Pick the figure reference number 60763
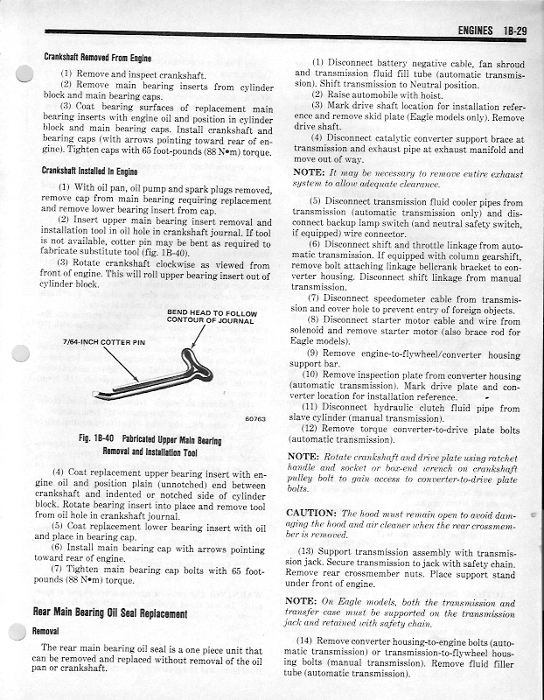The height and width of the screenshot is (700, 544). click(255, 420)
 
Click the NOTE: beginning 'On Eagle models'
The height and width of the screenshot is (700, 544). click(303, 604)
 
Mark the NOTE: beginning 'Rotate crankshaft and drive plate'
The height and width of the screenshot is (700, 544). click(303, 458)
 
